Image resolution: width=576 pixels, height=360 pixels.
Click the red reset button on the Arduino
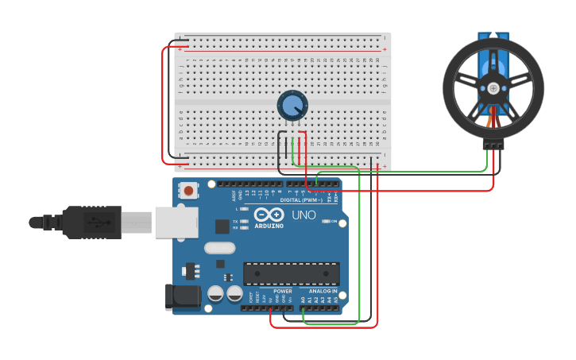[188, 190]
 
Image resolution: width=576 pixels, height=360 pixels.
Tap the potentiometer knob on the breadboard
[292, 105]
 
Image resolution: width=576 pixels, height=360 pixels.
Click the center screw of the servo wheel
[493, 87]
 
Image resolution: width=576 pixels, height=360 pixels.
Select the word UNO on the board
[303, 215]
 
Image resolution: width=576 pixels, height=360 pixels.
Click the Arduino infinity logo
[269, 215]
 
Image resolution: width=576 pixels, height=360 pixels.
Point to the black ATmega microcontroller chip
[291, 273]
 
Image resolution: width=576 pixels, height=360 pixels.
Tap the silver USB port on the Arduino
[176, 223]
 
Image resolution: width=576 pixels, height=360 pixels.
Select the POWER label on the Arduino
[282, 291]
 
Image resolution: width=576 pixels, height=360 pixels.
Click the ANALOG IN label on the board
[323, 291]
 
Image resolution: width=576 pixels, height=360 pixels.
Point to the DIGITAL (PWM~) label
[302, 199]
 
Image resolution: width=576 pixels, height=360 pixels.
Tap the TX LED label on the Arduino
[236, 221]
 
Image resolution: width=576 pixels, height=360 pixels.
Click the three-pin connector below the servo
[493, 145]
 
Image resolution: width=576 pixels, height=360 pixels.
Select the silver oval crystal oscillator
[219, 247]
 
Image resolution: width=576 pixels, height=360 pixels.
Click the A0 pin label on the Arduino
[303, 300]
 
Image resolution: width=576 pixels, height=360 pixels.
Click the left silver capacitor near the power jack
[215, 294]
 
